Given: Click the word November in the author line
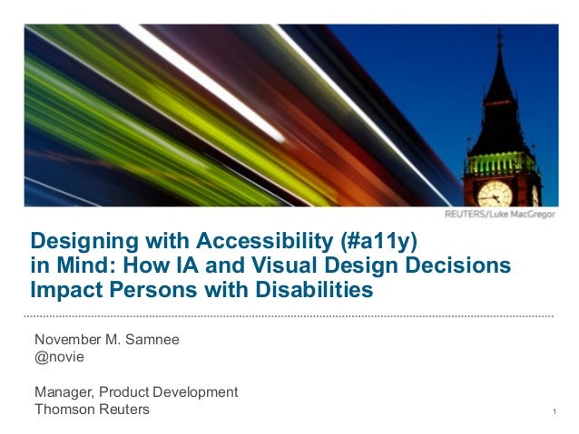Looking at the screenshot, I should (x=69, y=340).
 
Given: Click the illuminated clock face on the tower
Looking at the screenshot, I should (x=495, y=193).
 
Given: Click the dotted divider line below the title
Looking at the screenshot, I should (x=289, y=315).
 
